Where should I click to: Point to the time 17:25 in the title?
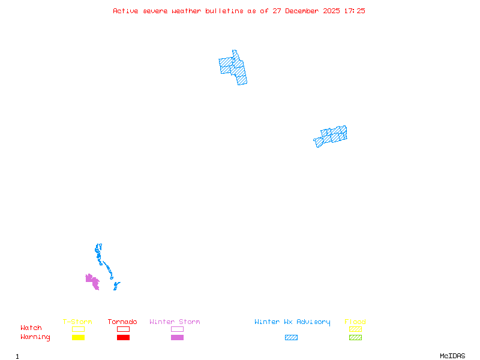coord(355,11)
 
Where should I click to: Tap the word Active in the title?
coord(125,11)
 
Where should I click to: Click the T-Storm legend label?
coord(77,322)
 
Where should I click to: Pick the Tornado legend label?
coord(122,322)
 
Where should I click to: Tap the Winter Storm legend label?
coord(175,322)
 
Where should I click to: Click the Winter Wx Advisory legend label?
coord(292,322)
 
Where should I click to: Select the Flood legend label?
coord(355,322)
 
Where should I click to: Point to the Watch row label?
coord(31,328)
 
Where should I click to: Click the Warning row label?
coord(35,337)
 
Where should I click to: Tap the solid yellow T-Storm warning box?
coord(78,338)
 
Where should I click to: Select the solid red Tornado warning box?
coord(123,338)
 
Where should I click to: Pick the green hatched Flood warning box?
coord(355,338)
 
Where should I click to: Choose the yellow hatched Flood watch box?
coord(355,329)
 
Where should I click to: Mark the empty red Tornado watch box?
coord(123,329)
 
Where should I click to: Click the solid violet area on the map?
coord(92,281)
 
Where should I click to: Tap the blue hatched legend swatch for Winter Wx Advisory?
coord(291,338)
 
